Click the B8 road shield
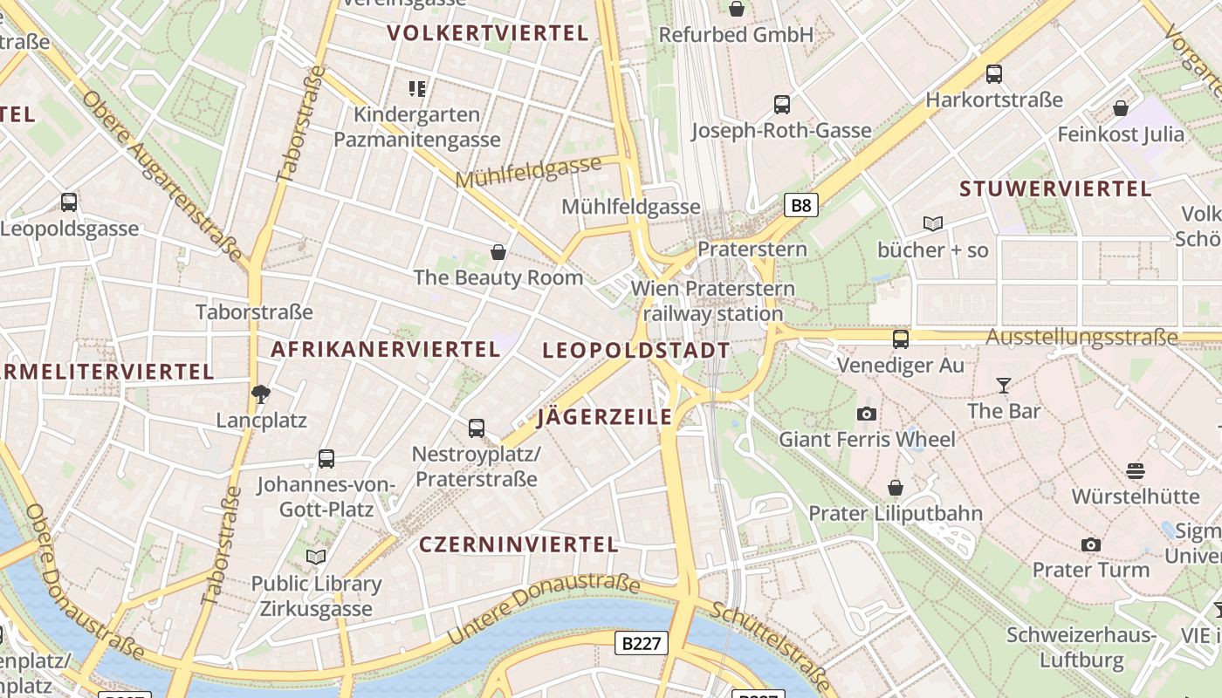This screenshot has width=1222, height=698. click(x=800, y=206)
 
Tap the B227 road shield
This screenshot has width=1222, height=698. click(x=642, y=643)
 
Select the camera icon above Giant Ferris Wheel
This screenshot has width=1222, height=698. click(x=867, y=414)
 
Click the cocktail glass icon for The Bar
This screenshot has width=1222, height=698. click(x=1004, y=385)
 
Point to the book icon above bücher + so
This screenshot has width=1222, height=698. click(x=933, y=224)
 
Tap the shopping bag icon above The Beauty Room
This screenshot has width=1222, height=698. click(x=498, y=252)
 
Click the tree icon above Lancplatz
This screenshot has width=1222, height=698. click(x=261, y=394)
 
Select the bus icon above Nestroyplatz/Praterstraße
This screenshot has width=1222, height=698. click(x=477, y=428)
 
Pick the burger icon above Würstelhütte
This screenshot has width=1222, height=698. click(x=1136, y=471)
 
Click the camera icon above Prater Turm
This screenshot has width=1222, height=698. click(x=1091, y=544)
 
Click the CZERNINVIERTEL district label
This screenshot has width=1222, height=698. click(x=518, y=544)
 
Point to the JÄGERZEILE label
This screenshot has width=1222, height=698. click(x=605, y=416)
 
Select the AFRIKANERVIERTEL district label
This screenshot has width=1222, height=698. click(x=385, y=349)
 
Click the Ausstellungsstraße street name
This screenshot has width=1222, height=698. click(x=1082, y=337)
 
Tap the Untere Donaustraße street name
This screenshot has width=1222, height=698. click(x=542, y=610)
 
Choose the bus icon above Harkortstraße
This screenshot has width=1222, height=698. click(x=994, y=74)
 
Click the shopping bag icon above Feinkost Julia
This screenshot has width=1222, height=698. click(x=1121, y=109)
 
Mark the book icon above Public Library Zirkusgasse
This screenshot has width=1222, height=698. click(x=316, y=557)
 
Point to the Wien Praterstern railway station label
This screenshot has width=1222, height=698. click(x=713, y=300)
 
